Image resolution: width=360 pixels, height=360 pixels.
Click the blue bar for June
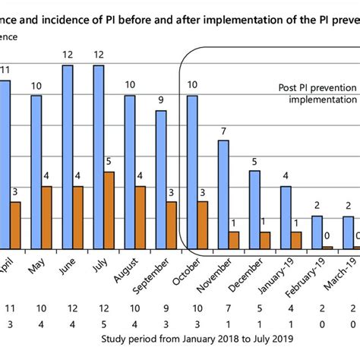click(68, 156)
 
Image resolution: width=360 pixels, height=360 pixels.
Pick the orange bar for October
click(203, 225)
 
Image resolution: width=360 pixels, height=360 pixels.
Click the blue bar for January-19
click(286, 217)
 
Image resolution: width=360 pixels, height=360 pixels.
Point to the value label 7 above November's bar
click(223, 132)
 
